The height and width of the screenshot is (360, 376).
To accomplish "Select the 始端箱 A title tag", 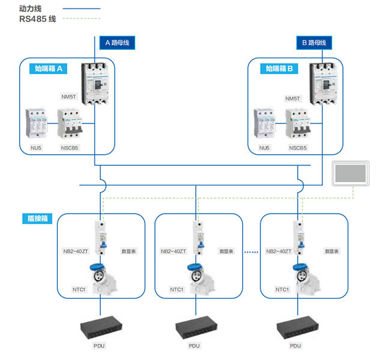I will click(46, 69).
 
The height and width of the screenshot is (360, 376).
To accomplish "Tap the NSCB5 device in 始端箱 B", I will click(297, 124).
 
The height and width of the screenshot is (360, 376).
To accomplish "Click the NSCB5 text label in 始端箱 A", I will click(69, 148).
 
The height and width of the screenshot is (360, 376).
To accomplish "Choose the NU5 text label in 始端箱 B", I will click(264, 148).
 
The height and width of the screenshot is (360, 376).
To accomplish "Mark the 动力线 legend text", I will click(31, 8).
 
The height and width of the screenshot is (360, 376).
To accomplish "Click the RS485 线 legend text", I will click(37, 19).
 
